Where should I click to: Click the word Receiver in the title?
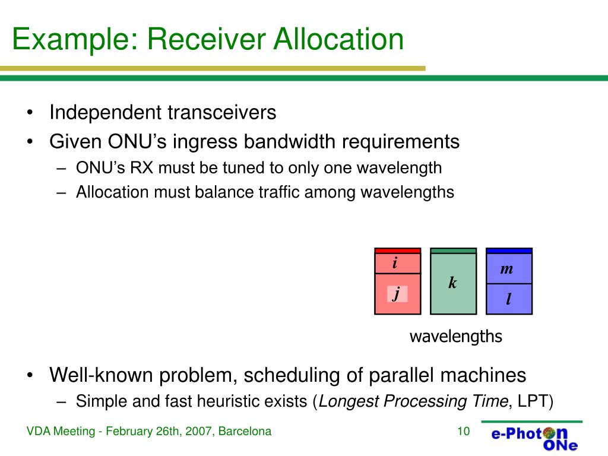pyautogui.click(x=205, y=39)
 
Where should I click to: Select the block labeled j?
pyautogui.click(x=397, y=293)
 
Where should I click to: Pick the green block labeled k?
pyautogui.click(x=453, y=283)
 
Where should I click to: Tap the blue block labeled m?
pyautogui.click(x=509, y=269)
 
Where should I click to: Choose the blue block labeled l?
pyautogui.click(x=509, y=299)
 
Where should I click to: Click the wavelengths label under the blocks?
pyautogui.click(x=455, y=337)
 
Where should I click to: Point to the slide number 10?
pyautogui.click(x=463, y=431)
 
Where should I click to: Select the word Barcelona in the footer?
pyautogui.click(x=245, y=431)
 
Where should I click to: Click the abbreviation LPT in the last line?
pyautogui.click(x=532, y=401)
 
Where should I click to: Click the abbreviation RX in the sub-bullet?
pyautogui.click(x=142, y=168)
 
